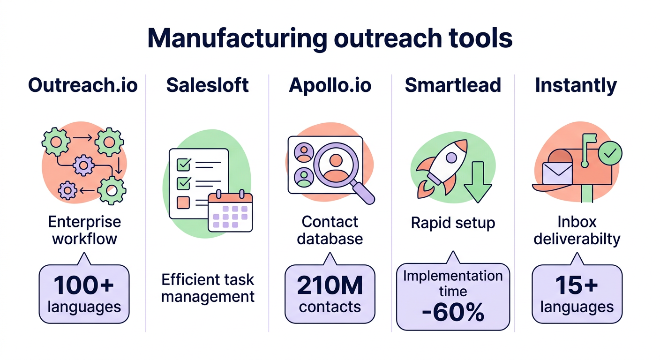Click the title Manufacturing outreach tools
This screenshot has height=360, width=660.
(x=330, y=38)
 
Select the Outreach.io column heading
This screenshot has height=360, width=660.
(x=83, y=85)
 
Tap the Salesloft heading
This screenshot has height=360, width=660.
(x=208, y=85)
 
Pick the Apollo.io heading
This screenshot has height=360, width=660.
(x=330, y=85)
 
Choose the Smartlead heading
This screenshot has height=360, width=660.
(x=453, y=85)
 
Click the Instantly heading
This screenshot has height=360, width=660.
(x=576, y=85)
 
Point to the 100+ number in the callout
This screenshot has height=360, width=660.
(x=83, y=285)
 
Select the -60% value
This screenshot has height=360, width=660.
(x=453, y=313)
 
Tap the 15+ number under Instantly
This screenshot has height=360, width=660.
(x=577, y=285)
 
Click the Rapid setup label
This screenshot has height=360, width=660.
(x=453, y=223)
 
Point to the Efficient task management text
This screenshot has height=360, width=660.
(x=208, y=288)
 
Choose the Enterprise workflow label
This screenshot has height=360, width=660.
(x=84, y=230)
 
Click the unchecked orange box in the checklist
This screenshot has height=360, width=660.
(x=182, y=202)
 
